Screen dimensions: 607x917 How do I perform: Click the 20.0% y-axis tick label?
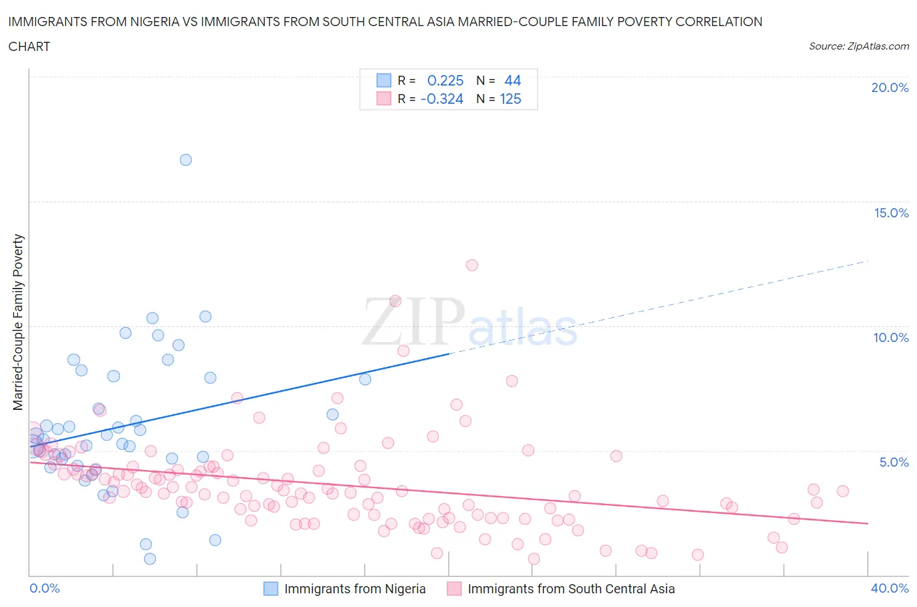(x=890, y=87)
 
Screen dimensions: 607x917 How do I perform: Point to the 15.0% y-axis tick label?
(x=891, y=213)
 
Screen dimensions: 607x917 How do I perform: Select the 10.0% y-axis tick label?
(x=891, y=337)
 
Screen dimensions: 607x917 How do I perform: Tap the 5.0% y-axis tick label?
(x=894, y=462)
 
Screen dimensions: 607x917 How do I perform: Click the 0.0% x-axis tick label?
(x=44, y=588)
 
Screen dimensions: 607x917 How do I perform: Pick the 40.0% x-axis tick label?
(x=890, y=588)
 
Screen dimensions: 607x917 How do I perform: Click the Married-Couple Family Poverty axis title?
(x=18, y=322)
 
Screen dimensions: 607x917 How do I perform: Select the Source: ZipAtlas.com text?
(x=858, y=46)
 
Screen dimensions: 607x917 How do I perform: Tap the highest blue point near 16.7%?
(x=186, y=160)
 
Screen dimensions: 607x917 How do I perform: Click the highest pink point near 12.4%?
(x=472, y=265)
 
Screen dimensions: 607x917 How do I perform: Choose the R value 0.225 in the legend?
(x=445, y=80)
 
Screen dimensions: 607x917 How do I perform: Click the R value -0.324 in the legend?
(x=442, y=99)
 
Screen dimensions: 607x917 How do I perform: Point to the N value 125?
(x=510, y=99)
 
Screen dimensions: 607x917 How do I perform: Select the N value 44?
(x=513, y=80)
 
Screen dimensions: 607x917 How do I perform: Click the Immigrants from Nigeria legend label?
(x=355, y=589)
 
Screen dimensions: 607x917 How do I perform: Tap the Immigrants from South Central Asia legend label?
(x=571, y=589)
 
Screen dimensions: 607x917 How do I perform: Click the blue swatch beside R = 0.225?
(x=383, y=80)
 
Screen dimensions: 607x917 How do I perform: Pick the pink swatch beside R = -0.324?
(x=383, y=99)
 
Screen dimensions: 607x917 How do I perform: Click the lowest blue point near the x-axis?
(x=150, y=559)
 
